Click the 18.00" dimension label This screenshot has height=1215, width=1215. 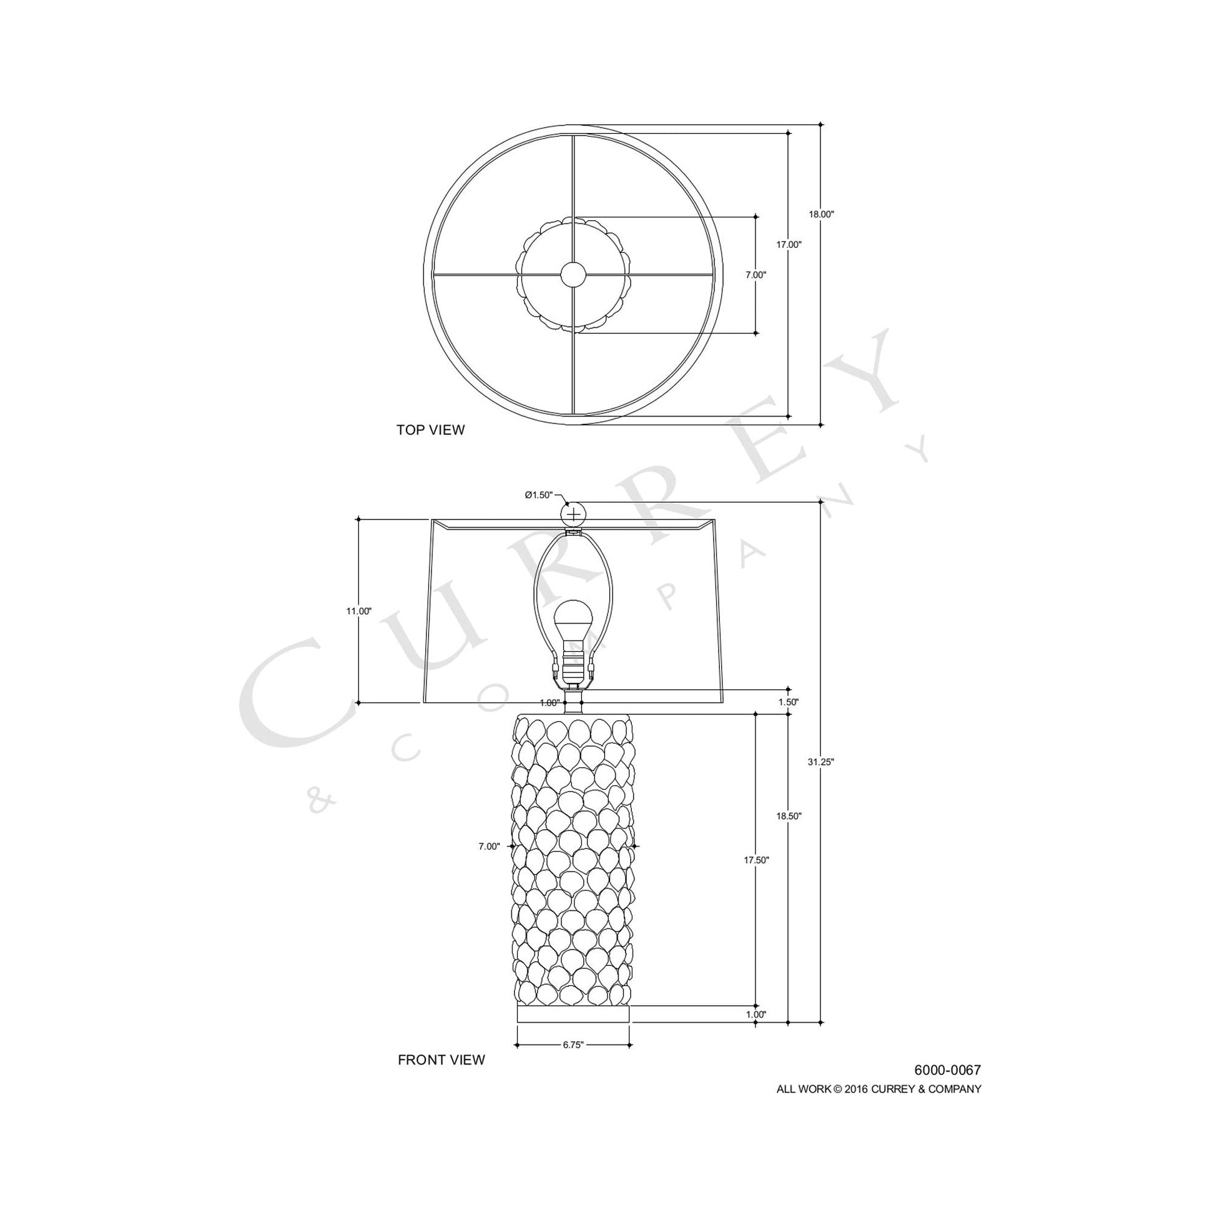820,214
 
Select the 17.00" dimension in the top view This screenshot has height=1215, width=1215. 789,245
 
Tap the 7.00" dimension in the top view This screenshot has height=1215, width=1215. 756,275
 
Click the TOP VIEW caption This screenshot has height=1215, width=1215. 430,430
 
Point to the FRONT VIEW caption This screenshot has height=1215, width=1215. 441,1060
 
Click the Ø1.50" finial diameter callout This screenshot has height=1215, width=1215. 539,495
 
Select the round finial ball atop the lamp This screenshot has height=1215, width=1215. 574,515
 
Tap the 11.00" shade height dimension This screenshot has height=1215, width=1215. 358,611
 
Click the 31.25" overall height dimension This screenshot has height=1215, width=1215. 820,762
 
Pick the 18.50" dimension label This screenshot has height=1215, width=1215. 789,816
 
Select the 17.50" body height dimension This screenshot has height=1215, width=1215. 757,860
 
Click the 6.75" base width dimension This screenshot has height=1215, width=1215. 573,1045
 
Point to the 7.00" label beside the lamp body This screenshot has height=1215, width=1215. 489,847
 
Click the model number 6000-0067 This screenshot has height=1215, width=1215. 947,1070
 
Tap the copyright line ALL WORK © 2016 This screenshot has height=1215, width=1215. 878,1090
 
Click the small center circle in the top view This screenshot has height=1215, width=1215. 573,274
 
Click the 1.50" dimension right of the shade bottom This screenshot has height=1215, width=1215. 789,702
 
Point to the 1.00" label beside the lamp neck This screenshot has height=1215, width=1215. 549,703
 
